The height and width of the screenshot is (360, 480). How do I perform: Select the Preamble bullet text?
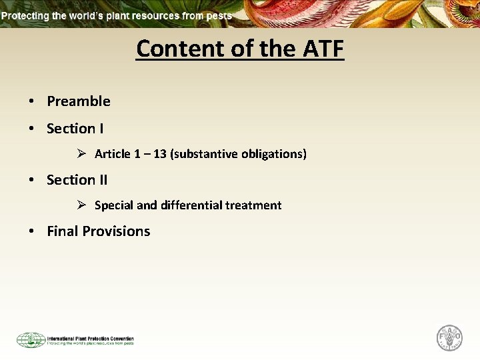pos(79,101)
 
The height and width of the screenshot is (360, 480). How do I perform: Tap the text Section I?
pos(75,128)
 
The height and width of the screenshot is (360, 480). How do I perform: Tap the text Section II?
pos(77,180)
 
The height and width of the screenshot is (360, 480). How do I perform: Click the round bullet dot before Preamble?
pos(31,102)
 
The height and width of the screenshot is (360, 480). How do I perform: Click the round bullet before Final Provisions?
pos(31,232)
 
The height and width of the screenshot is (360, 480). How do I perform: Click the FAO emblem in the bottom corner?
pos(449,337)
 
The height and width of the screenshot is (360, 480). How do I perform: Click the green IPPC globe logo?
pos(31,340)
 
